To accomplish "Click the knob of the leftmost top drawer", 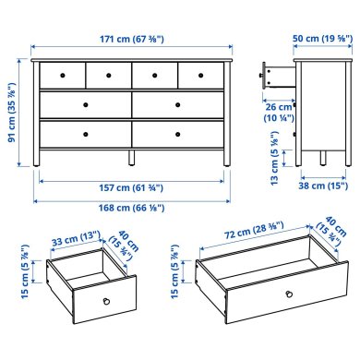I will click(x=62, y=73).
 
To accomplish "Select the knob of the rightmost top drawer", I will click(x=201, y=73).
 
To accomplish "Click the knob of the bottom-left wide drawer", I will click(x=85, y=133).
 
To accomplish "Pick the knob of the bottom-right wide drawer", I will click(x=177, y=133).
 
